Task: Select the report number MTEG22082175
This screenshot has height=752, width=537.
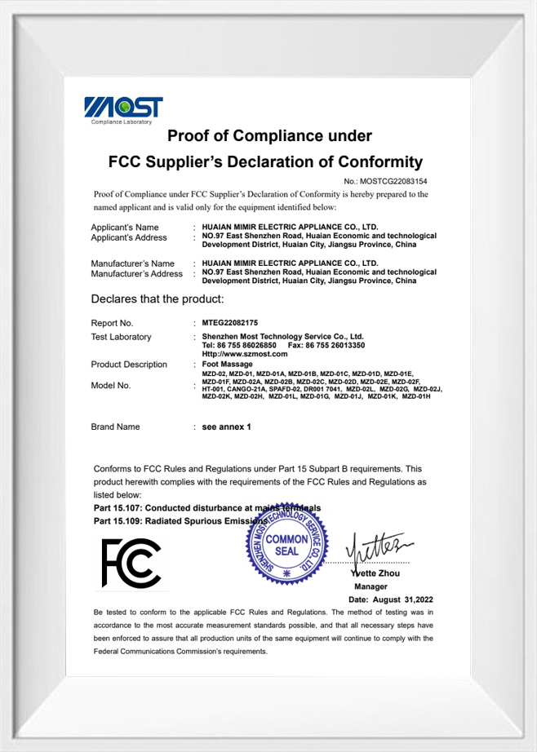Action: point(229,323)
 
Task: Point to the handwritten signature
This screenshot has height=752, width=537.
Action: point(376,547)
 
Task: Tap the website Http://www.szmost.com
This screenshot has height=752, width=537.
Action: point(244,354)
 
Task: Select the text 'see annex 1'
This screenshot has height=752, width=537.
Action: point(226,427)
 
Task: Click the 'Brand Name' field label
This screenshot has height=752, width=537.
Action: point(115,427)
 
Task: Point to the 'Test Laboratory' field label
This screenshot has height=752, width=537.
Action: point(121,337)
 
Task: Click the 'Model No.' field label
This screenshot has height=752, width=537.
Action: point(111,386)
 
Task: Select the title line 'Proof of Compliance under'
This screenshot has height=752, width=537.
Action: point(269,135)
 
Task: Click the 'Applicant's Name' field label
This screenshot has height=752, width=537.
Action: point(125,227)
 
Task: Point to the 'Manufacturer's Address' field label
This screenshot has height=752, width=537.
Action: point(136,274)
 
